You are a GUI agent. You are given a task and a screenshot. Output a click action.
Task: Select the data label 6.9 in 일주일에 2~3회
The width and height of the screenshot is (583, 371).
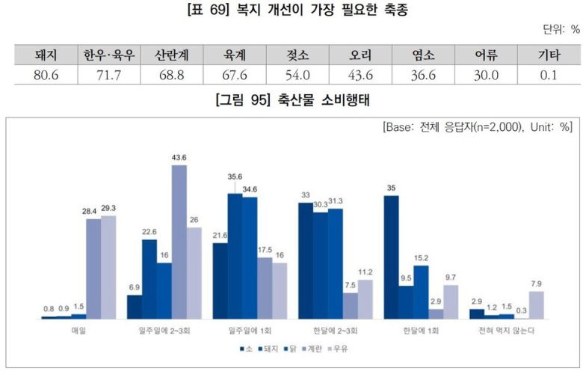pyautogui.click(x=135, y=287)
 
